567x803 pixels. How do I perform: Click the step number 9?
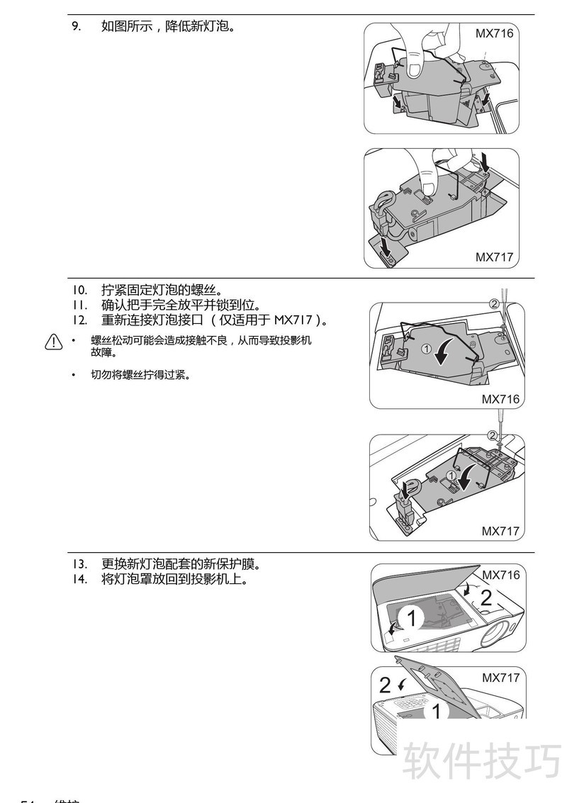click(x=75, y=27)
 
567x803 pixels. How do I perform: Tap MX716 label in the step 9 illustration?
click(x=494, y=33)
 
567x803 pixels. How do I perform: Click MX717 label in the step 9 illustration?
click(x=494, y=257)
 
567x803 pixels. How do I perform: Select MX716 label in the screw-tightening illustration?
click(x=500, y=399)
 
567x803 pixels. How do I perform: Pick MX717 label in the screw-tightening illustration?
click(x=500, y=530)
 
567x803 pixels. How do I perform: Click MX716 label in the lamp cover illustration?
click(x=501, y=575)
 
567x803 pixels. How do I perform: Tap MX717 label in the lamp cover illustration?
click(x=501, y=678)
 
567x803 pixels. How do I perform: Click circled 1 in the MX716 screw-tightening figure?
click(x=425, y=349)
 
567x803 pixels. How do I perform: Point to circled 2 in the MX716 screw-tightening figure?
click(x=494, y=303)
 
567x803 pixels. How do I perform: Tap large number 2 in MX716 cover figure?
click(x=486, y=597)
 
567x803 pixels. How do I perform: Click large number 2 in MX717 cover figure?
click(x=385, y=685)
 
